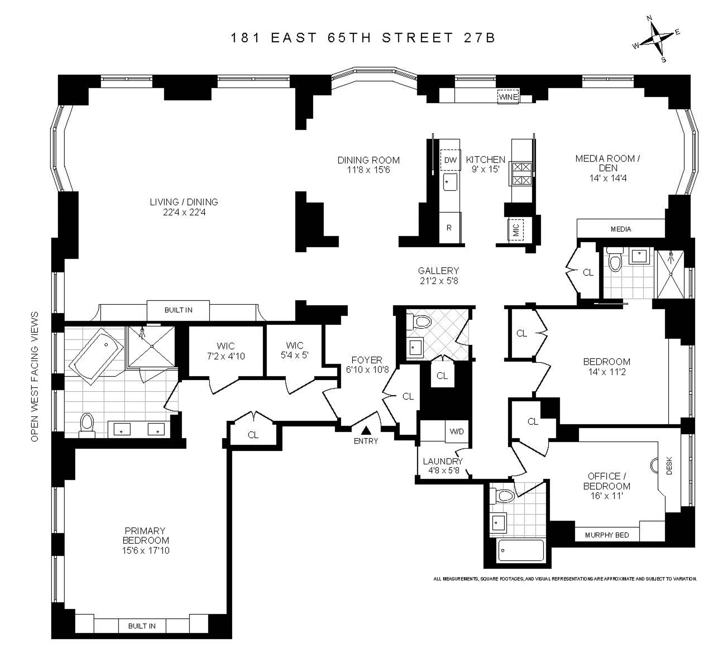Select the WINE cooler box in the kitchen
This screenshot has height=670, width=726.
click(508, 97)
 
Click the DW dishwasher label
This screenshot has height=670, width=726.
click(450, 160)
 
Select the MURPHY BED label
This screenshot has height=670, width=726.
click(607, 535)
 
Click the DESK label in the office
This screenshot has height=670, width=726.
click(669, 466)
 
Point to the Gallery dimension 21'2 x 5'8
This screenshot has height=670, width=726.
click(439, 281)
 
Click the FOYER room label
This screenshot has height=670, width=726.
click(367, 360)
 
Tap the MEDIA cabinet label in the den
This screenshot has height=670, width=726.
click(620, 229)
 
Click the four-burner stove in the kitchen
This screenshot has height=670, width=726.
click(522, 174)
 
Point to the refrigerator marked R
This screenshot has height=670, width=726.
click(449, 228)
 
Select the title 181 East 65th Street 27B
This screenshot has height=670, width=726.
click(363, 38)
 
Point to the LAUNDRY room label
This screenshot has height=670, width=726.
click(443, 461)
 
